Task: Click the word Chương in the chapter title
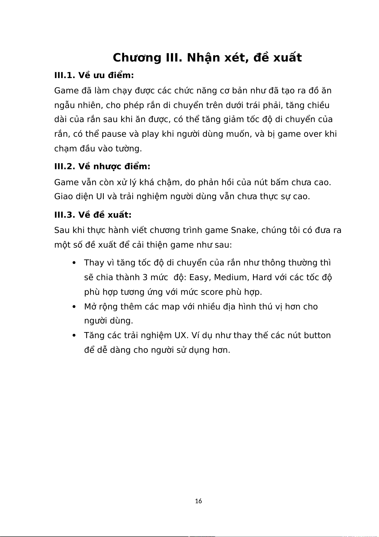click(137, 58)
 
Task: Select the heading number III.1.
click(65, 76)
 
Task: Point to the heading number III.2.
click(65, 166)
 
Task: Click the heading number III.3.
click(65, 215)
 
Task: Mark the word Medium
click(231, 278)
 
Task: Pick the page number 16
click(198, 501)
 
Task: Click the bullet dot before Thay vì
click(74, 263)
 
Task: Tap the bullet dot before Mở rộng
click(74, 307)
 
